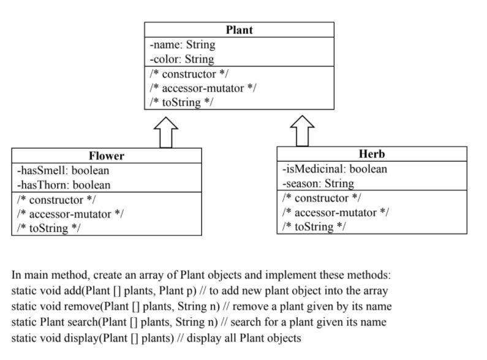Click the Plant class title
coord(239,29)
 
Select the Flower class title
coord(106,156)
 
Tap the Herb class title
coord(371,154)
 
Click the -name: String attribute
coord(183,45)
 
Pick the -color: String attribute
coord(182,59)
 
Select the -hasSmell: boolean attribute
coord(63,171)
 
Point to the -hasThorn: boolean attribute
coord(64,185)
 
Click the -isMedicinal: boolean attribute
coord(334,169)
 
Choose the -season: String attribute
coord(318,183)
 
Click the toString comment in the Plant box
coord(181,102)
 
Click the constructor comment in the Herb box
coord(321,198)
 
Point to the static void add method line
coord(200,291)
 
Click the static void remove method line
coord(202,306)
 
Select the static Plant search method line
coord(199,322)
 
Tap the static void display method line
coord(156,337)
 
